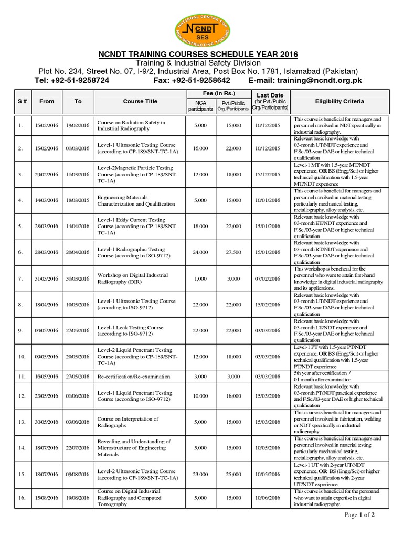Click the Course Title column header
click(x=140, y=101)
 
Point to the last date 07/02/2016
click(x=270, y=278)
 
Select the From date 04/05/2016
click(x=47, y=331)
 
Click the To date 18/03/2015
click(x=78, y=200)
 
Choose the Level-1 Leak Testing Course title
click(x=130, y=331)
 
